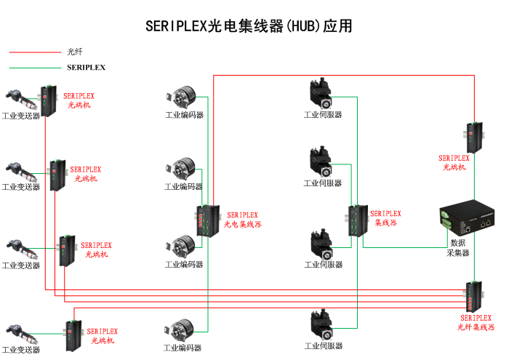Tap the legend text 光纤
click(x=75, y=52)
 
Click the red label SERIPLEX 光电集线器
click(x=242, y=220)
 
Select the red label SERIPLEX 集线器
click(x=385, y=218)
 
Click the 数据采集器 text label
click(x=457, y=248)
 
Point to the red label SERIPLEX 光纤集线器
click(x=476, y=323)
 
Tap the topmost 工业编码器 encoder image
click(x=179, y=97)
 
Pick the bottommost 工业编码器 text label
click(x=183, y=348)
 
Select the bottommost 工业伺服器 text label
click(x=323, y=346)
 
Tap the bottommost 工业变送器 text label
click(x=20, y=350)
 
